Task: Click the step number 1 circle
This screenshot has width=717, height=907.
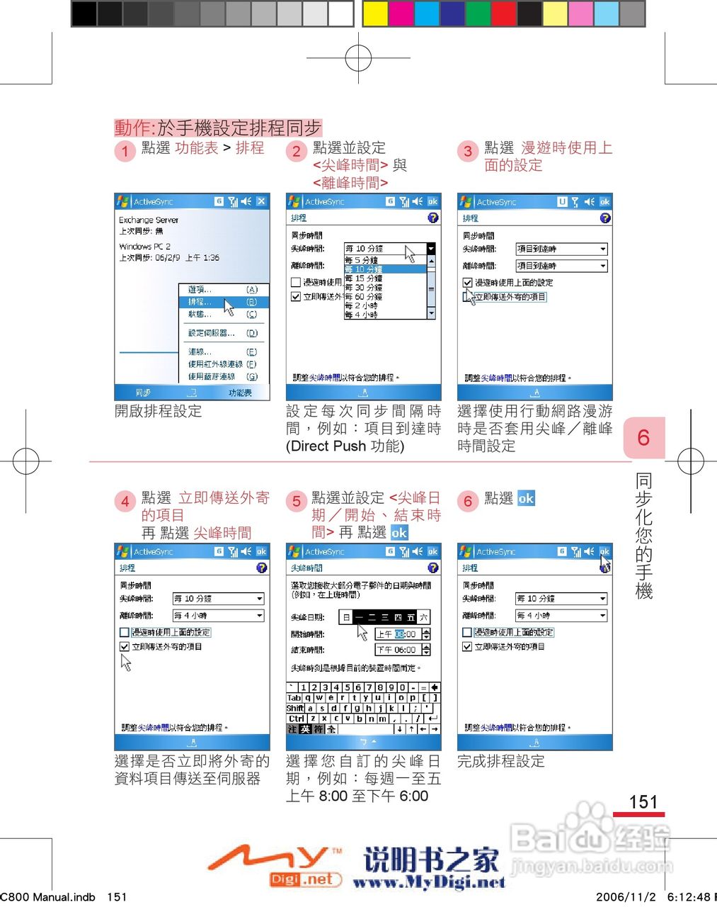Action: point(125,151)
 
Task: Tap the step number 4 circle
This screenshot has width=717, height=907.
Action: point(125,501)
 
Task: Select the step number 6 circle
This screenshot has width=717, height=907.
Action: point(467,501)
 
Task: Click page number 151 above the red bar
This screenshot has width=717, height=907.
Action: point(643,802)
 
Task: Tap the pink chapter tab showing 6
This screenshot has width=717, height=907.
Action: point(643,438)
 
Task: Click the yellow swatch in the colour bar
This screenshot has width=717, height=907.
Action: point(376,13)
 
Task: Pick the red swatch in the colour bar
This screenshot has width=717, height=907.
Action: point(503,13)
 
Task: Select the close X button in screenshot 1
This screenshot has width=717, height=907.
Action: point(261,202)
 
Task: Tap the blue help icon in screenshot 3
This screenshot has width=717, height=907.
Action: point(604,218)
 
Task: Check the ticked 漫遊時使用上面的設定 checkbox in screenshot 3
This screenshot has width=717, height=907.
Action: point(468,282)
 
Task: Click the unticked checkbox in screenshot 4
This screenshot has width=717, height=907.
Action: point(125,632)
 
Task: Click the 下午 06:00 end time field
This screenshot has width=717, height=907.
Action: point(398,650)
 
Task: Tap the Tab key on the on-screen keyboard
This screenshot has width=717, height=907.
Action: point(294,698)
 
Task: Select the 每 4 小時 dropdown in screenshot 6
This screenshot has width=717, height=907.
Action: point(561,616)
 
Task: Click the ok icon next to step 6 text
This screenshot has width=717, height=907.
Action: point(526,498)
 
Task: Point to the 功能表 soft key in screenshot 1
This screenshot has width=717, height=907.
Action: point(239,393)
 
